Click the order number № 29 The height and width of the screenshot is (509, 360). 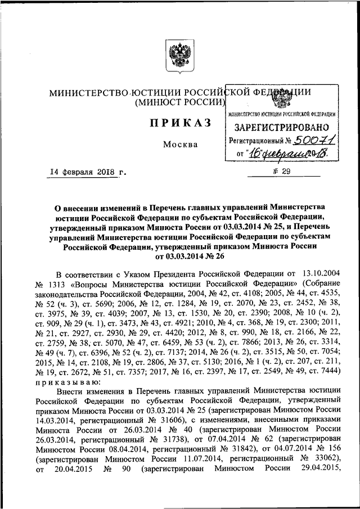[278, 173]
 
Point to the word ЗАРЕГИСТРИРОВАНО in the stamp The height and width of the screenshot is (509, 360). [282, 128]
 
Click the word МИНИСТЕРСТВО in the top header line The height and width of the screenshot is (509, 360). [86, 92]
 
